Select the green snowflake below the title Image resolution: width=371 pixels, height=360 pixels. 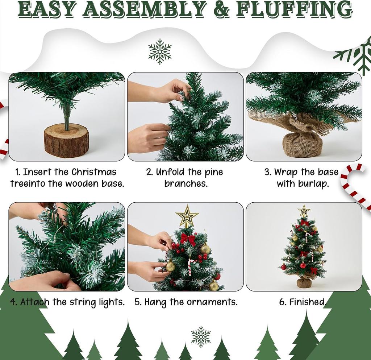160,52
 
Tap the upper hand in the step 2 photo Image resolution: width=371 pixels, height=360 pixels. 170,91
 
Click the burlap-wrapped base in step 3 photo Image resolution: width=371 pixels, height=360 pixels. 302,144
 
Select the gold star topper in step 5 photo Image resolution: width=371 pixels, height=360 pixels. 187,216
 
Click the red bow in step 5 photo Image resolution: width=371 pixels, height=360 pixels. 188,239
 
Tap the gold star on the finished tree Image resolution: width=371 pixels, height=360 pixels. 304,211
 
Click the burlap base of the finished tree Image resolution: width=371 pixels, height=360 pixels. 304,282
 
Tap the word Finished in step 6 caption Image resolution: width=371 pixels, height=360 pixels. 307,302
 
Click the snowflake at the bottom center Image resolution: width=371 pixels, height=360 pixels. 201,336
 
